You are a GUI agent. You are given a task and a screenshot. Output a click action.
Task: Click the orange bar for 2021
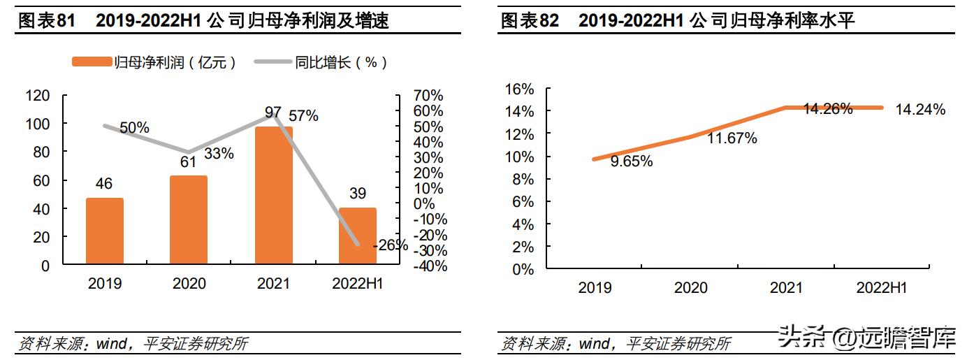coord(273,195)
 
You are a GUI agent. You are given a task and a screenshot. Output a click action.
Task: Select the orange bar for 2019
coord(104,231)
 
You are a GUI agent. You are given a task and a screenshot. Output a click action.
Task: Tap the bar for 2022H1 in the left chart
coord(357,236)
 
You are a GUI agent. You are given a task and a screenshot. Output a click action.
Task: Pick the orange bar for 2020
coord(189,219)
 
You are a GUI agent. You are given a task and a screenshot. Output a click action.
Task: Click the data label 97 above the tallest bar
coord(273,113)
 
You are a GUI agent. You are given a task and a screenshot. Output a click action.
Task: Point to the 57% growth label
coord(303,115)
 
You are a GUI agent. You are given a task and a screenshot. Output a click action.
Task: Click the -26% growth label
coord(390,245)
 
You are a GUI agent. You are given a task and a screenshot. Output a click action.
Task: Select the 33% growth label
coord(219,153)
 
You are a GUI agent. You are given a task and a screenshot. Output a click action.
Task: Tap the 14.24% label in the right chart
coord(920,109)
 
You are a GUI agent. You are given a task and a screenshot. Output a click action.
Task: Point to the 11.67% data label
coord(732,138)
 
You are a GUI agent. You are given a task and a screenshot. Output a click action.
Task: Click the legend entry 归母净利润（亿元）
coord(154,62)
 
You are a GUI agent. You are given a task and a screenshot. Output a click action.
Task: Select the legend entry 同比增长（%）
coord(321,62)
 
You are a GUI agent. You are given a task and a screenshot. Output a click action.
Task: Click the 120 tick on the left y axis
coord(37,95)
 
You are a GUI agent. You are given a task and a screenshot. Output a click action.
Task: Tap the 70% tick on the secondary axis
coord(428,95)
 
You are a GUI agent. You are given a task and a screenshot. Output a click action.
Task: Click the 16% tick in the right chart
coord(518,89)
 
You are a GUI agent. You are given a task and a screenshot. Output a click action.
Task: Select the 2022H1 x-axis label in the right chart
coord(882,287)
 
